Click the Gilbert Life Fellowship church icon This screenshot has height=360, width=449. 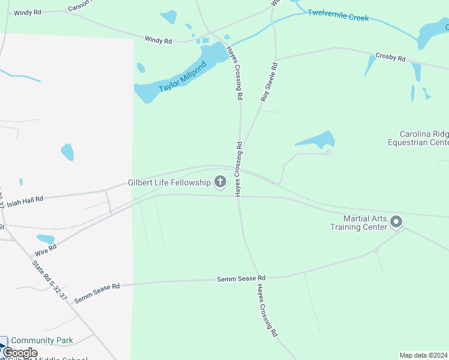click(x=220, y=182)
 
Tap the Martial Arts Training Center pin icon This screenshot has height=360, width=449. click(x=396, y=223)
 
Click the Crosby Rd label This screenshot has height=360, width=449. click(x=391, y=58)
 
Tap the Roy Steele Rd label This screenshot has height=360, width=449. click(x=268, y=82)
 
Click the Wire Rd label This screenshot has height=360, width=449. click(x=46, y=250)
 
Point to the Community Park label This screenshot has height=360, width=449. click(x=42, y=341)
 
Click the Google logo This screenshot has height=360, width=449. click(x=20, y=353)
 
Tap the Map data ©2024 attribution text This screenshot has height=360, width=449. click(x=423, y=355)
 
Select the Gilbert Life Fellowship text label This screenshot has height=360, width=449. click(x=169, y=182)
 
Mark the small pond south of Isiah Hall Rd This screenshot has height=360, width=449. click(x=46, y=239)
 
